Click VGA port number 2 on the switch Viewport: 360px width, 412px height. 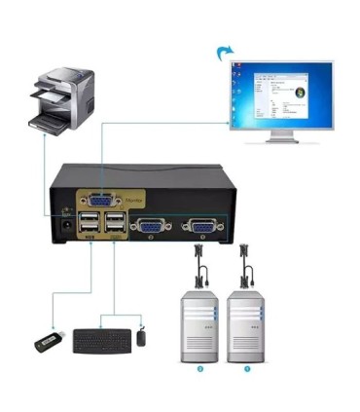click(151, 227)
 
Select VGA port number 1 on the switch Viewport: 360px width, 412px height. click(202, 227)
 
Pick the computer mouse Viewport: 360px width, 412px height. click(142, 337)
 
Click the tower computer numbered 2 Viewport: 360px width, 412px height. click(198, 321)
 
